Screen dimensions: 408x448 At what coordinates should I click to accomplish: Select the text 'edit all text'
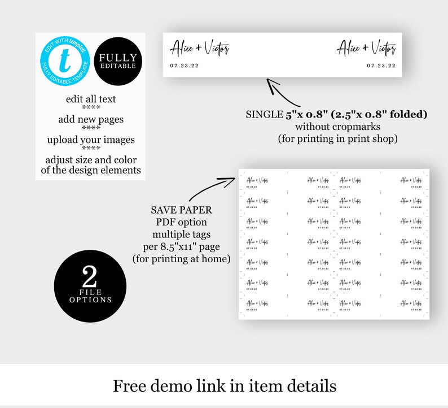coord(91,99)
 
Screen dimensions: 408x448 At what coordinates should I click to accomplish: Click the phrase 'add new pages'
coord(91,119)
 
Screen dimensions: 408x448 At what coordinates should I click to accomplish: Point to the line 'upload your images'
coord(91,140)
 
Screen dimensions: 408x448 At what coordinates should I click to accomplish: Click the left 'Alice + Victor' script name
coord(199,49)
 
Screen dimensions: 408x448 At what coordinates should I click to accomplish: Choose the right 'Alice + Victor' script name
coord(366,49)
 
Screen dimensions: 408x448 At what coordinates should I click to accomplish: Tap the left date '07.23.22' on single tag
coord(184,66)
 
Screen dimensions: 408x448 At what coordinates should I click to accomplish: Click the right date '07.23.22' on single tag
coord(381,66)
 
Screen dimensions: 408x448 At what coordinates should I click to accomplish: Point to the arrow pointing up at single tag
coord(279,90)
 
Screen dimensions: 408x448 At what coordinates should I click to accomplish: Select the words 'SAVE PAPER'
coord(181,210)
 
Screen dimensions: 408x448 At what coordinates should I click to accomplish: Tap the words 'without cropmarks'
coord(336,126)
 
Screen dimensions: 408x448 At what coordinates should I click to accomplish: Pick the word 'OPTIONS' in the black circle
coord(90,300)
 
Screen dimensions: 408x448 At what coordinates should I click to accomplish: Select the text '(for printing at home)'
coord(181,259)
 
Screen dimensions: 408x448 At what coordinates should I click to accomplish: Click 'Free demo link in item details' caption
coord(225,385)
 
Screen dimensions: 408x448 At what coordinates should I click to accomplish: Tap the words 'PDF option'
coord(181,222)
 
